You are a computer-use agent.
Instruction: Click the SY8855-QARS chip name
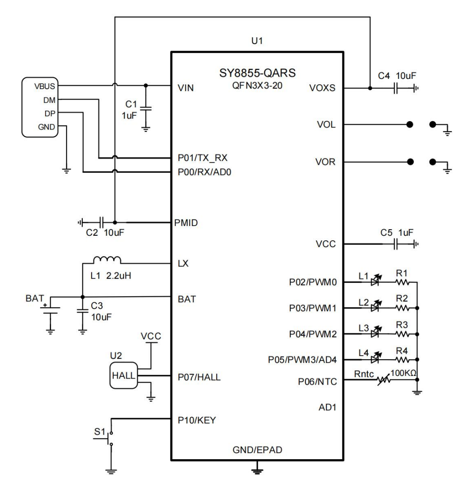pyautogui.click(x=257, y=73)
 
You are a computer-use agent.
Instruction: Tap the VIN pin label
pyautogui.click(x=186, y=88)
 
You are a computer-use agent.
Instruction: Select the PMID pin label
pyautogui.click(x=186, y=223)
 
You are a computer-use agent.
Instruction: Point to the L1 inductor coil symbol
pyautogui.click(x=107, y=260)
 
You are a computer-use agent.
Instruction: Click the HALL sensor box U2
pyautogui.click(x=123, y=375)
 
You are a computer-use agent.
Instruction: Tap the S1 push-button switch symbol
pyautogui.click(x=110, y=439)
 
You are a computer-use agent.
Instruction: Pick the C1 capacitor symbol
pyautogui.click(x=146, y=108)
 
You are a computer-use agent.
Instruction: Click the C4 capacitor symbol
pyautogui.click(x=396, y=88)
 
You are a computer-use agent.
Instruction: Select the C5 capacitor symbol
pyautogui.click(x=396, y=244)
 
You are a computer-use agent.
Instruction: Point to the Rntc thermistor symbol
pyautogui.click(x=383, y=380)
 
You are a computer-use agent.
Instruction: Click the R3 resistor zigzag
pyautogui.click(x=402, y=334)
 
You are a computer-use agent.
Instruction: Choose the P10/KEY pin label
pyautogui.click(x=197, y=420)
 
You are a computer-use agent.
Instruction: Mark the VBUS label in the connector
pyautogui.click(x=45, y=86)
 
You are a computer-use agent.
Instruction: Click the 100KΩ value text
pyautogui.click(x=403, y=373)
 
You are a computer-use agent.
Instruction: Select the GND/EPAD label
pyautogui.click(x=257, y=450)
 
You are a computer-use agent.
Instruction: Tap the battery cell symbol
pyautogui.click(x=51, y=310)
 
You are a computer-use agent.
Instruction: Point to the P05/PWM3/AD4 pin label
pyautogui.click(x=302, y=360)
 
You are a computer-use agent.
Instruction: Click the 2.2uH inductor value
pyautogui.click(x=119, y=275)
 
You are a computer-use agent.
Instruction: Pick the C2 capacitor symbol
pyautogui.click(x=102, y=223)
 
